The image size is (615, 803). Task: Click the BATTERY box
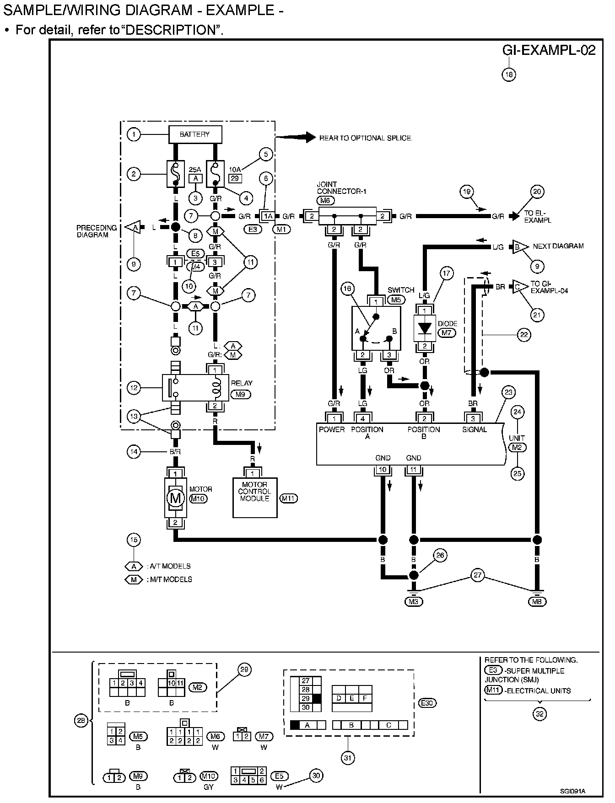point(195,134)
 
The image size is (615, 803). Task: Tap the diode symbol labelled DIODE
point(425,328)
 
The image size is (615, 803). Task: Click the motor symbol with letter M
point(175,498)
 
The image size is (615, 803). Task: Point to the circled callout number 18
point(509,74)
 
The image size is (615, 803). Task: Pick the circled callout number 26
point(440,556)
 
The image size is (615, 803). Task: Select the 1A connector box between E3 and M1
point(267,216)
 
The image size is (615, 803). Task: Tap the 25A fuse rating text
point(195,169)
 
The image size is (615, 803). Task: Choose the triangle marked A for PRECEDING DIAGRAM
point(134,227)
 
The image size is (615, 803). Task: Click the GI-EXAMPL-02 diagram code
point(549,50)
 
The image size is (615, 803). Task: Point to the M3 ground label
point(413,602)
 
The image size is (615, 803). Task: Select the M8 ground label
point(537,602)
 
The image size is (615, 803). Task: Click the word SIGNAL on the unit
point(475,429)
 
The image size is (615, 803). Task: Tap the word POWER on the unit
point(332,429)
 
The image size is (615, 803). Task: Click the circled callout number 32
point(540,714)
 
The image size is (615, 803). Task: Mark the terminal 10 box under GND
point(383,469)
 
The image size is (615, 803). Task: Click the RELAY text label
point(242,383)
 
